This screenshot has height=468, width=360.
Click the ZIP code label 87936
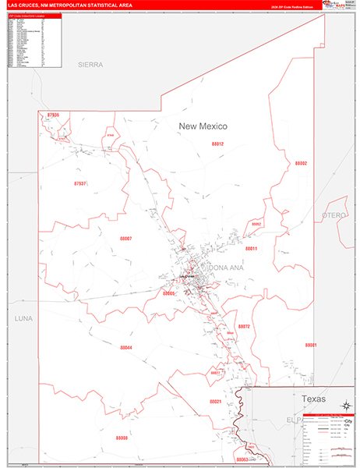53,115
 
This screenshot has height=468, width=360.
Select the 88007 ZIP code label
125,238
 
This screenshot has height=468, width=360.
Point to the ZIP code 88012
217,144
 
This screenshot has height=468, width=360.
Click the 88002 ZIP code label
301,163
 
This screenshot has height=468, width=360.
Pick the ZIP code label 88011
251,248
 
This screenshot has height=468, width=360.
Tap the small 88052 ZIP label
256,224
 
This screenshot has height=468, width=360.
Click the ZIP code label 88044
126,348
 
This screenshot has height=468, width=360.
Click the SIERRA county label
90,65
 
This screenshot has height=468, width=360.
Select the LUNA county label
25,319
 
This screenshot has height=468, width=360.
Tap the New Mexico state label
202,126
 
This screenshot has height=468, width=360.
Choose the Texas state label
313,399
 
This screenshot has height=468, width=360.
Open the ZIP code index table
34,41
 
